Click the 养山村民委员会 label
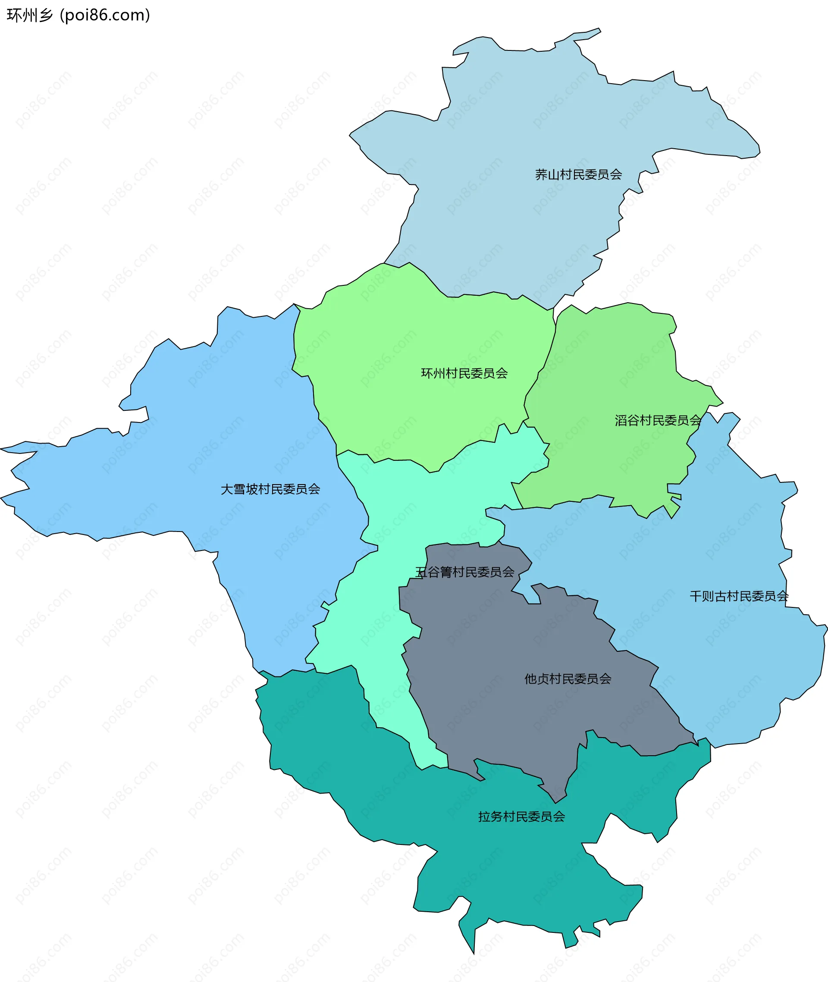point(578,175)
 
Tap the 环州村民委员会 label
point(464,373)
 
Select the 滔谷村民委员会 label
point(658,420)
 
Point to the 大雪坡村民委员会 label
point(270,489)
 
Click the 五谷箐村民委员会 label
point(465,572)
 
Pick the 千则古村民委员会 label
point(739,596)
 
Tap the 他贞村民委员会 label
point(568,679)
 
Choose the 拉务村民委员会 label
point(521,817)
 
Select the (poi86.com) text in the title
point(105,16)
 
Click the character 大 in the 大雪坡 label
point(227,489)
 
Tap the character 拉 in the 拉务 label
point(484,817)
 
